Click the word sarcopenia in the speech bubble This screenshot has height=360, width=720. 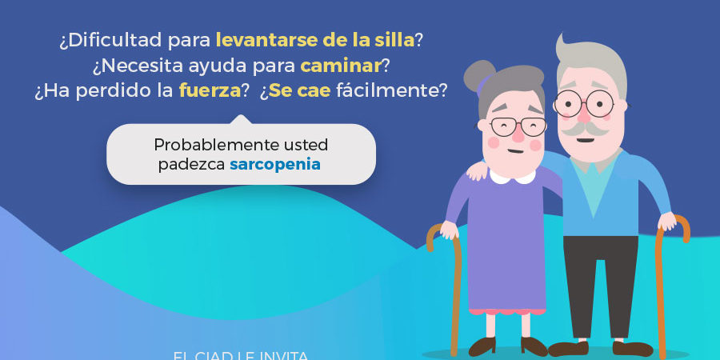point(275,165)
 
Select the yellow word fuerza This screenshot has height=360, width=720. point(210,90)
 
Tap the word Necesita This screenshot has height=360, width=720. point(133,63)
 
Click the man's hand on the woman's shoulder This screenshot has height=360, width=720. point(478,170)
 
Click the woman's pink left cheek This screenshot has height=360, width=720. point(493,143)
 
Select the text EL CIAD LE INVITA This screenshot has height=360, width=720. point(240,354)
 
